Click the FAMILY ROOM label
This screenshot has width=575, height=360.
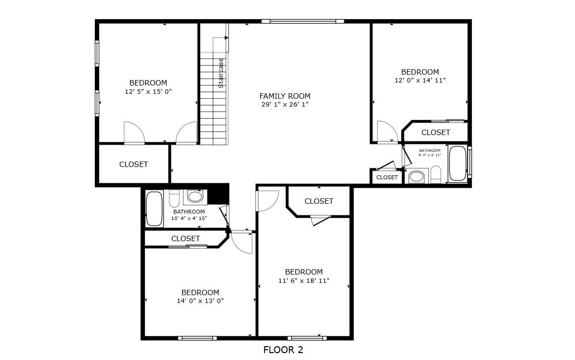[x=285, y=96]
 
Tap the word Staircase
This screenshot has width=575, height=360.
[x=221, y=73]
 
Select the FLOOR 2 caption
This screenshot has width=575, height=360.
[x=283, y=350]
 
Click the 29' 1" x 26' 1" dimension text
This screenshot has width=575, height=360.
[x=285, y=105]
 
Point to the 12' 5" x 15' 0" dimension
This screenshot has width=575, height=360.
[x=148, y=91]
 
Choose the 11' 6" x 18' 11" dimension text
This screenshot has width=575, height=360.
[x=304, y=280]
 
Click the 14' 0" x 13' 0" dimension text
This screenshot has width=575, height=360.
[x=200, y=301]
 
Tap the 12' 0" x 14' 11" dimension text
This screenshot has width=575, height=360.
[x=420, y=80]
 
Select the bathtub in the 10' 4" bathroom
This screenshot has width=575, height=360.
[x=154, y=209]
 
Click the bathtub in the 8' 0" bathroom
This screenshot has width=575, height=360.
[x=458, y=163]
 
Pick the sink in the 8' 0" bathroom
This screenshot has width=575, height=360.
[x=416, y=176]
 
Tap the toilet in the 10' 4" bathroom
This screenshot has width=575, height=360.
[x=174, y=198]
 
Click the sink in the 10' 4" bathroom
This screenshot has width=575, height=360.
[x=195, y=197]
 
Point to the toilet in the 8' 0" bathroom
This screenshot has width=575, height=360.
[x=436, y=174]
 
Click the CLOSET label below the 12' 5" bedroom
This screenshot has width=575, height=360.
[x=134, y=165]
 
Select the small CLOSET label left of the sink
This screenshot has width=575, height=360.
[x=387, y=177]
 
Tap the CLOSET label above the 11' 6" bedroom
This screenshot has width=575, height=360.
[x=319, y=201]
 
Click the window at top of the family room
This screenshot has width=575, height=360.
[x=302, y=21]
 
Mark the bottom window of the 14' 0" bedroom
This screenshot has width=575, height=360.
[x=197, y=338]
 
